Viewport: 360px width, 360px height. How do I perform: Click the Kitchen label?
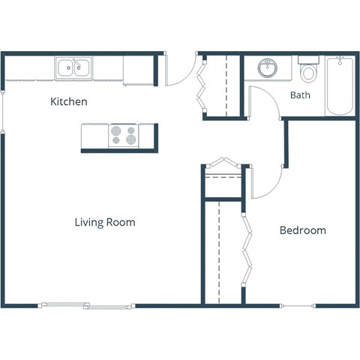coord(68,101)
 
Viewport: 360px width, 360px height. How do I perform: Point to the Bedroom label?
coord(302,230)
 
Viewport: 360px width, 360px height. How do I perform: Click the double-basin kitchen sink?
coord(74,68)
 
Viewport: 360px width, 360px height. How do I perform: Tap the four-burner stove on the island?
coord(124,135)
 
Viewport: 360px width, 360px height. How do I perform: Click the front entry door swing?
coord(178,71)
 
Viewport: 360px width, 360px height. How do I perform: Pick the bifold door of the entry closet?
coord(200,85)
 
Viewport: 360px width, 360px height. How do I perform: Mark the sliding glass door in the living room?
coord(85,305)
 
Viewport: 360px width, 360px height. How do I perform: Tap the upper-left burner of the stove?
coord(116,130)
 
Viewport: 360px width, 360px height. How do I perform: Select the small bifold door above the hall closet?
coord(222,163)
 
